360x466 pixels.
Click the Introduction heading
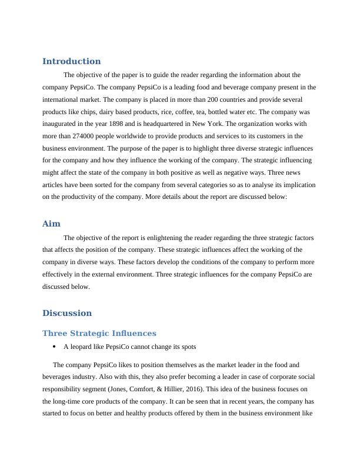71,61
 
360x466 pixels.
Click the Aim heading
51,224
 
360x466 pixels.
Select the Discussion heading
67,313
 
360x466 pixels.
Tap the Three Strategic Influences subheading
99,334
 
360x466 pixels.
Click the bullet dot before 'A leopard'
54,347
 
